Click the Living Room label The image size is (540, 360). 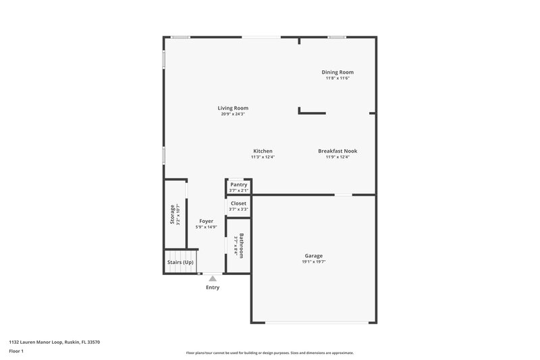point(233,108)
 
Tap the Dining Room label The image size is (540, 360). point(337,72)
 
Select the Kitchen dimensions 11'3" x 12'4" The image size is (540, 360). point(263,157)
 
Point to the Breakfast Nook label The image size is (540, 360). point(337,151)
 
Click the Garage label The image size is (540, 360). point(313,256)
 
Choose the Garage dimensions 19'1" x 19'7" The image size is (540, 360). point(313,262)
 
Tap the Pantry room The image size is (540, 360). point(239,187)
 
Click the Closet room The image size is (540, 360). point(239,206)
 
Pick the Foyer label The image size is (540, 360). point(206,221)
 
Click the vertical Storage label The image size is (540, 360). point(172,215)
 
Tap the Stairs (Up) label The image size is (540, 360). point(180,262)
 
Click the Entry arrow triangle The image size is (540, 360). point(213,277)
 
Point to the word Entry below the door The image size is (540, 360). point(213,287)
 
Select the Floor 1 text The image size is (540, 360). point(17,351)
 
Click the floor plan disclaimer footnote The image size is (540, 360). point(269,353)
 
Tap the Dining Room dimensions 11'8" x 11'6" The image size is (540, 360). point(337,78)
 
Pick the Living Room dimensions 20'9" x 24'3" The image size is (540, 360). point(233,114)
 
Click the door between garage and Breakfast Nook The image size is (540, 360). point(344,195)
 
